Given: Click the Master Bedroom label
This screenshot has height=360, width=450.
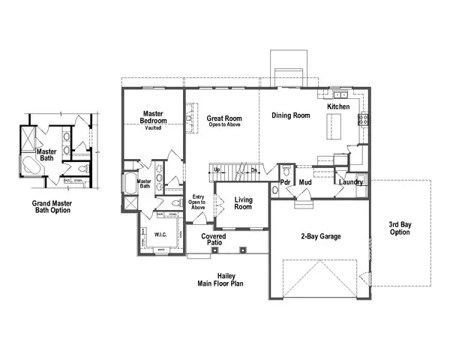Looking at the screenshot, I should (153, 118).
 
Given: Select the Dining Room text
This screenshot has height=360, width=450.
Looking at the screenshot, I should (291, 115).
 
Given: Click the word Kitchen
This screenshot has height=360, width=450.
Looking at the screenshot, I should (339, 107).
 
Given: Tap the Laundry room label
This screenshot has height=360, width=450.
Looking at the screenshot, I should (351, 182).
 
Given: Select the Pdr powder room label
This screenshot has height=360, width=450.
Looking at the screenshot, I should (286, 182).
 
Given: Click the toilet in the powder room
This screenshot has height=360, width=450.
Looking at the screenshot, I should (274, 190).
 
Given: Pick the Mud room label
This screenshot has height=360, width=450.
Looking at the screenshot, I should (305, 182).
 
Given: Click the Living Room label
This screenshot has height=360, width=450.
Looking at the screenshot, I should (242, 203).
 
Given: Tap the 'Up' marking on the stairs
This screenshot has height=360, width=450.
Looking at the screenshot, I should (217, 169).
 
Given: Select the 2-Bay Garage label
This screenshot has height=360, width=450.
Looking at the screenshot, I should (320, 237).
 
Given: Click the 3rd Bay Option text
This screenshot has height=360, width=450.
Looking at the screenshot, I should (400, 228).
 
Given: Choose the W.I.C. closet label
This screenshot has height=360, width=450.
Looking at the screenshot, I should (160, 234).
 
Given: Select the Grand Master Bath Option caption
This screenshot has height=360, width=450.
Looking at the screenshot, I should (51, 206).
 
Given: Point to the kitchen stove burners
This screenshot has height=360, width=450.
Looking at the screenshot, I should (362, 118).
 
